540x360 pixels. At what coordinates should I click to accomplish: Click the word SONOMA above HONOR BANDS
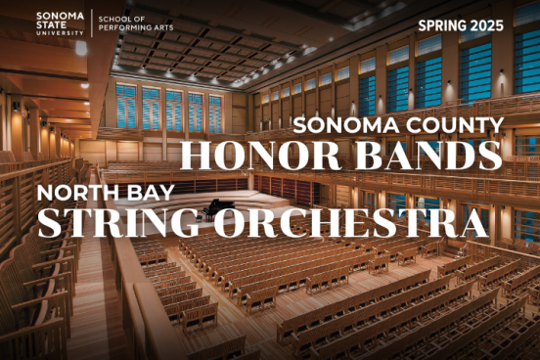(344, 124)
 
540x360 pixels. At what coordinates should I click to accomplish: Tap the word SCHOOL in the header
(117, 18)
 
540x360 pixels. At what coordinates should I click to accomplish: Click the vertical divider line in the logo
(92, 22)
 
